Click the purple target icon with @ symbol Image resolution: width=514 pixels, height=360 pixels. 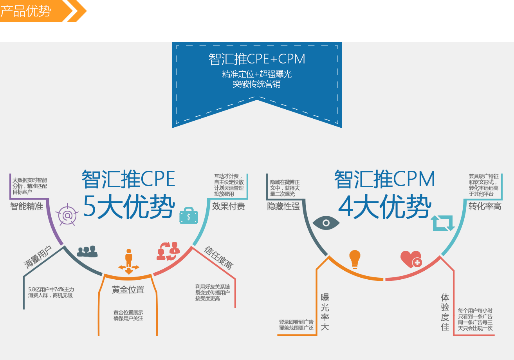(x=67, y=215)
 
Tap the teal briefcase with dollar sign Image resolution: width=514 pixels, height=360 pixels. (x=189, y=215)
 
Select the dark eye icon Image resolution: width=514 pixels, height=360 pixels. (x=326, y=223)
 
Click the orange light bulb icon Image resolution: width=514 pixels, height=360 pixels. (x=355, y=259)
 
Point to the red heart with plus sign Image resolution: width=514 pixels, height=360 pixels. (x=411, y=259)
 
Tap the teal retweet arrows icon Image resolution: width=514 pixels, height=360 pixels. (x=443, y=223)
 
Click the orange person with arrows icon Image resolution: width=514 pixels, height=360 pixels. (x=129, y=262)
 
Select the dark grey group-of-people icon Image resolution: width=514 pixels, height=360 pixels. (x=87, y=251)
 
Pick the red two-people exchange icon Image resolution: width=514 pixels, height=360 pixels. (x=168, y=251)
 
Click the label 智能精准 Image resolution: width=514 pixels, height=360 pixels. (x=27, y=206)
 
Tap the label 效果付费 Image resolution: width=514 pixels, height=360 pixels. (x=228, y=206)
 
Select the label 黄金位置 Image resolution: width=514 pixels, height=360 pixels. (x=128, y=290)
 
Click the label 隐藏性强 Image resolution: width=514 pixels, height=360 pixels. (x=283, y=206)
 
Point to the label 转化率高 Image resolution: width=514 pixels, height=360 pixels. (x=485, y=206)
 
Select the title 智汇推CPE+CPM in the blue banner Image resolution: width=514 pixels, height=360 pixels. (x=257, y=59)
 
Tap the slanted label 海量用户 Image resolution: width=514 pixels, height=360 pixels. (x=38, y=257)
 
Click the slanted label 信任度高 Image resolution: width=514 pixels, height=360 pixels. (x=219, y=258)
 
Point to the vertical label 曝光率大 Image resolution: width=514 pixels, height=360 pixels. (x=325, y=312)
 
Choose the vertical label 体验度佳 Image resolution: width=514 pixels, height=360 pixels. (x=445, y=312)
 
